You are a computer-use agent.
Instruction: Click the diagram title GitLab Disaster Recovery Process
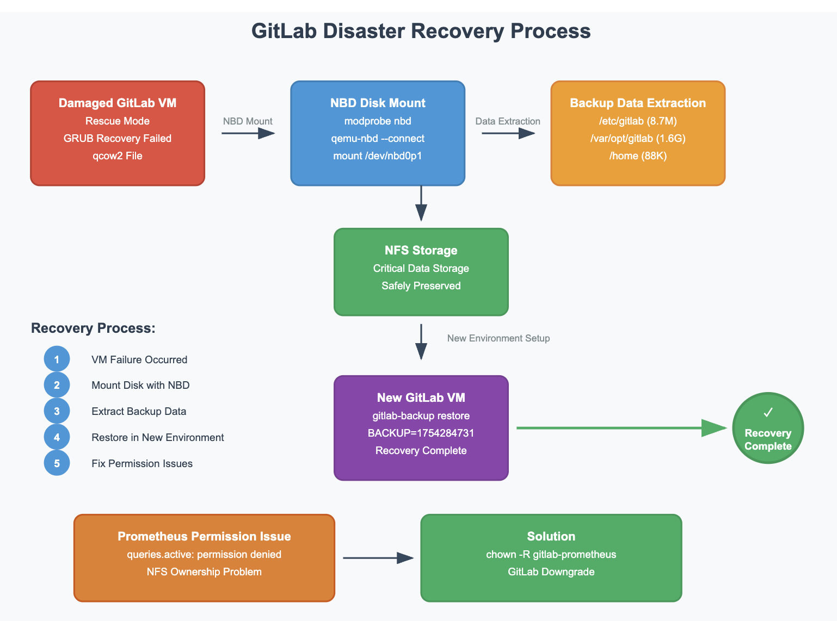[x=421, y=31]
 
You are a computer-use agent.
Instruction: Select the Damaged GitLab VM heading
[x=118, y=103]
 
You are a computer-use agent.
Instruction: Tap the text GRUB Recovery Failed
[x=118, y=139]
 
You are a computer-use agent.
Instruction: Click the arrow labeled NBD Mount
[x=248, y=133]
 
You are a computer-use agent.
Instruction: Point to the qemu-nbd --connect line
[x=378, y=139]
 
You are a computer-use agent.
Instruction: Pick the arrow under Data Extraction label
[x=508, y=133]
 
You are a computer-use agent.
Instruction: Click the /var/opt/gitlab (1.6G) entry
[x=638, y=139]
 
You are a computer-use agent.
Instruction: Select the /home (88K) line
[x=638, y=156]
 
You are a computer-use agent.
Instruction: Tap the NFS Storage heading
[x=421, y=251]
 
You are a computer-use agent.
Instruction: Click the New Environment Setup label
[x=498, y=338]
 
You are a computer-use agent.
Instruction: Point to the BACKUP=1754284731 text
[x=421, y=433]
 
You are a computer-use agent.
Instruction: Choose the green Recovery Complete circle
[x=768, y=429]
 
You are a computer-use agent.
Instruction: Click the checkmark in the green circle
[x=768, y=413]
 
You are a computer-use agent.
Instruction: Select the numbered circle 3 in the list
[x=57, y=411]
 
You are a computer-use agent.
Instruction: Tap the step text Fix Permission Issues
[x=142, y=464]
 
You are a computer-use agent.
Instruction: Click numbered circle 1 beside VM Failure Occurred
[x=57, y=359]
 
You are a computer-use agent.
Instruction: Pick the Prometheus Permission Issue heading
[x=204, y=537]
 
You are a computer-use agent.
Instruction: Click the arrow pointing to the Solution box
[x=378, y=558]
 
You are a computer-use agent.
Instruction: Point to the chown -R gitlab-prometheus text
[x=551, y=555]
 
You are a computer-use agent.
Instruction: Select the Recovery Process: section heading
[x=93, y=328]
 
